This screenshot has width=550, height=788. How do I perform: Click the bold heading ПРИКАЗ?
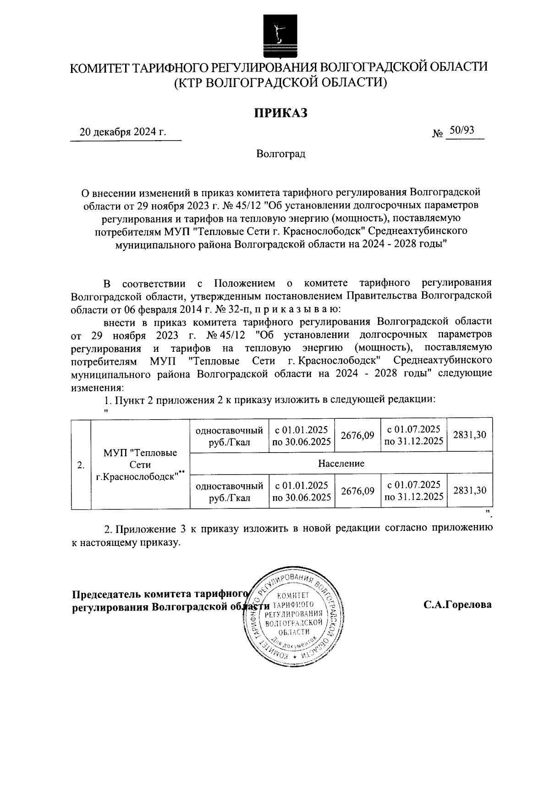[280, 112]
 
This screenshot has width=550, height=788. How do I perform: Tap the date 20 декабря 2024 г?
[123, 132]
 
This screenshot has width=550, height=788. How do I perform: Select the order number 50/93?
[462, 131]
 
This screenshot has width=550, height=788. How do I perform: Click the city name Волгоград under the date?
[280, 154]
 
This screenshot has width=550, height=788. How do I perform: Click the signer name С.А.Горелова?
[457, 605]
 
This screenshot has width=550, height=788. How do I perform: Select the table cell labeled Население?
[341, 463]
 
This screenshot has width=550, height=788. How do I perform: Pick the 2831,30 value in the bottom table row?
[469, 490]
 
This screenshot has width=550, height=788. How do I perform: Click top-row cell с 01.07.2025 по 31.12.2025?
[413, 435]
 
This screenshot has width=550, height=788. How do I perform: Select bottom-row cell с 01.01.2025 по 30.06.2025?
[301, 491]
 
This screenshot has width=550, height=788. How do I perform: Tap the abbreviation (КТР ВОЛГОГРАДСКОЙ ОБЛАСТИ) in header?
[280, 82]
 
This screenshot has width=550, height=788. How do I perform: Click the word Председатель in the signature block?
[106, 594]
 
